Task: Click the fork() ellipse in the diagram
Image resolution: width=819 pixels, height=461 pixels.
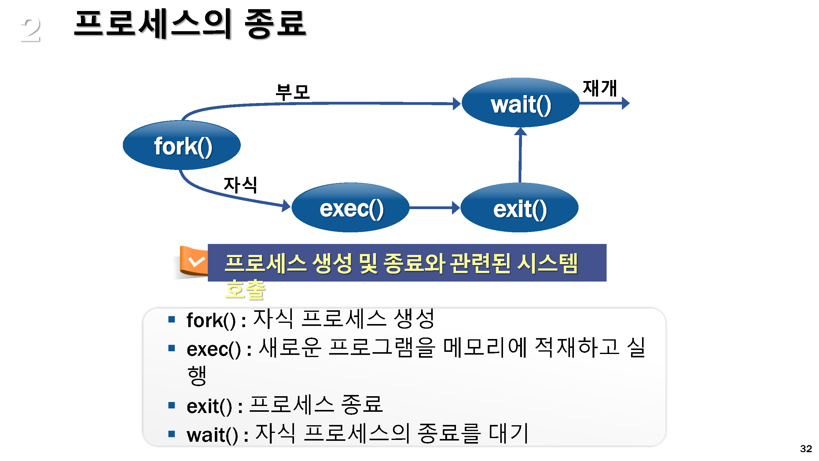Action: tap(182, 146)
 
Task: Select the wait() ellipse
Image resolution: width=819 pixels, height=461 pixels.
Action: tap(520, 103)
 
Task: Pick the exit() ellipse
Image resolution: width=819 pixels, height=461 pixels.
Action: tap(519, 208)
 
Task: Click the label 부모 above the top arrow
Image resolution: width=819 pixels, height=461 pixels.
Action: tap(292, 92)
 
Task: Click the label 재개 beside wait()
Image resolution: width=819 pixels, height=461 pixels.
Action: tap(600, 88)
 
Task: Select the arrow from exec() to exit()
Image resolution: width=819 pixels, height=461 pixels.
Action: tap(434, 208)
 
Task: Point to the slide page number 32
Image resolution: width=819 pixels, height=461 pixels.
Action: tap(806, 448)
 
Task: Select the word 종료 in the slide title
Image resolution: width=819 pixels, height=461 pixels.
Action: tap(275, 24)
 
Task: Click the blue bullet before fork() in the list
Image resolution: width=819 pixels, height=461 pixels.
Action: tap(172, 319)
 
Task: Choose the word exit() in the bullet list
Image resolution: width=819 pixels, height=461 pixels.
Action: tap(209, 407)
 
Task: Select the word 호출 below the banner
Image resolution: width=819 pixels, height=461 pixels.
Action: tap(245, 290)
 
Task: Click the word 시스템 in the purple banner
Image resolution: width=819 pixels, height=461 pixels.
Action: tap(547, 264)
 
